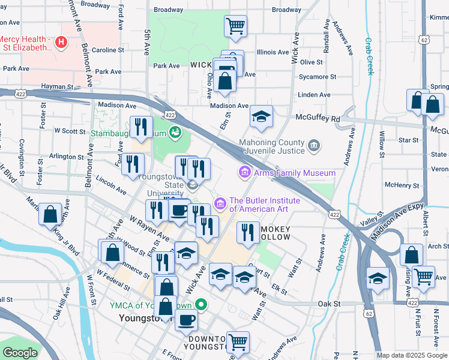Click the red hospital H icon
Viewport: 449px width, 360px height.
tap(61, 42)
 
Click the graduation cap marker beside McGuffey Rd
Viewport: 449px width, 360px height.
tap(261, 116)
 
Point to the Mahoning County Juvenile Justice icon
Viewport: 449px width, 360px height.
tap(313, 146)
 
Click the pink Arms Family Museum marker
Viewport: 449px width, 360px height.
tap(244, 173)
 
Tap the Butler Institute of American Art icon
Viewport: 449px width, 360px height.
tap(220, 205)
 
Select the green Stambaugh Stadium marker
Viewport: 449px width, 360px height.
tap(175, 131)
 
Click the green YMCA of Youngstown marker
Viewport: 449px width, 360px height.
tap(202, 305)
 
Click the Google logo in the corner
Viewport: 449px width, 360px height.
tap(20, 353)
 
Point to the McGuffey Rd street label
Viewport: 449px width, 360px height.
tap(318, 119)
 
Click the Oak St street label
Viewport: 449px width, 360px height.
tap(330, 304)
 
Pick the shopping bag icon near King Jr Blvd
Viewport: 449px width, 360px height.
tap(50, 214)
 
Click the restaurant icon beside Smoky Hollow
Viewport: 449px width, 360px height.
tap(248, 232)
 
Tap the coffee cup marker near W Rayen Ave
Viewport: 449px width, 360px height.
tap(179, 209)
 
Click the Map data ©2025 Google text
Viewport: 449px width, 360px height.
tap(412, 355)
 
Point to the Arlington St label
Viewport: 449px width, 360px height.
tap(67, 157)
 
